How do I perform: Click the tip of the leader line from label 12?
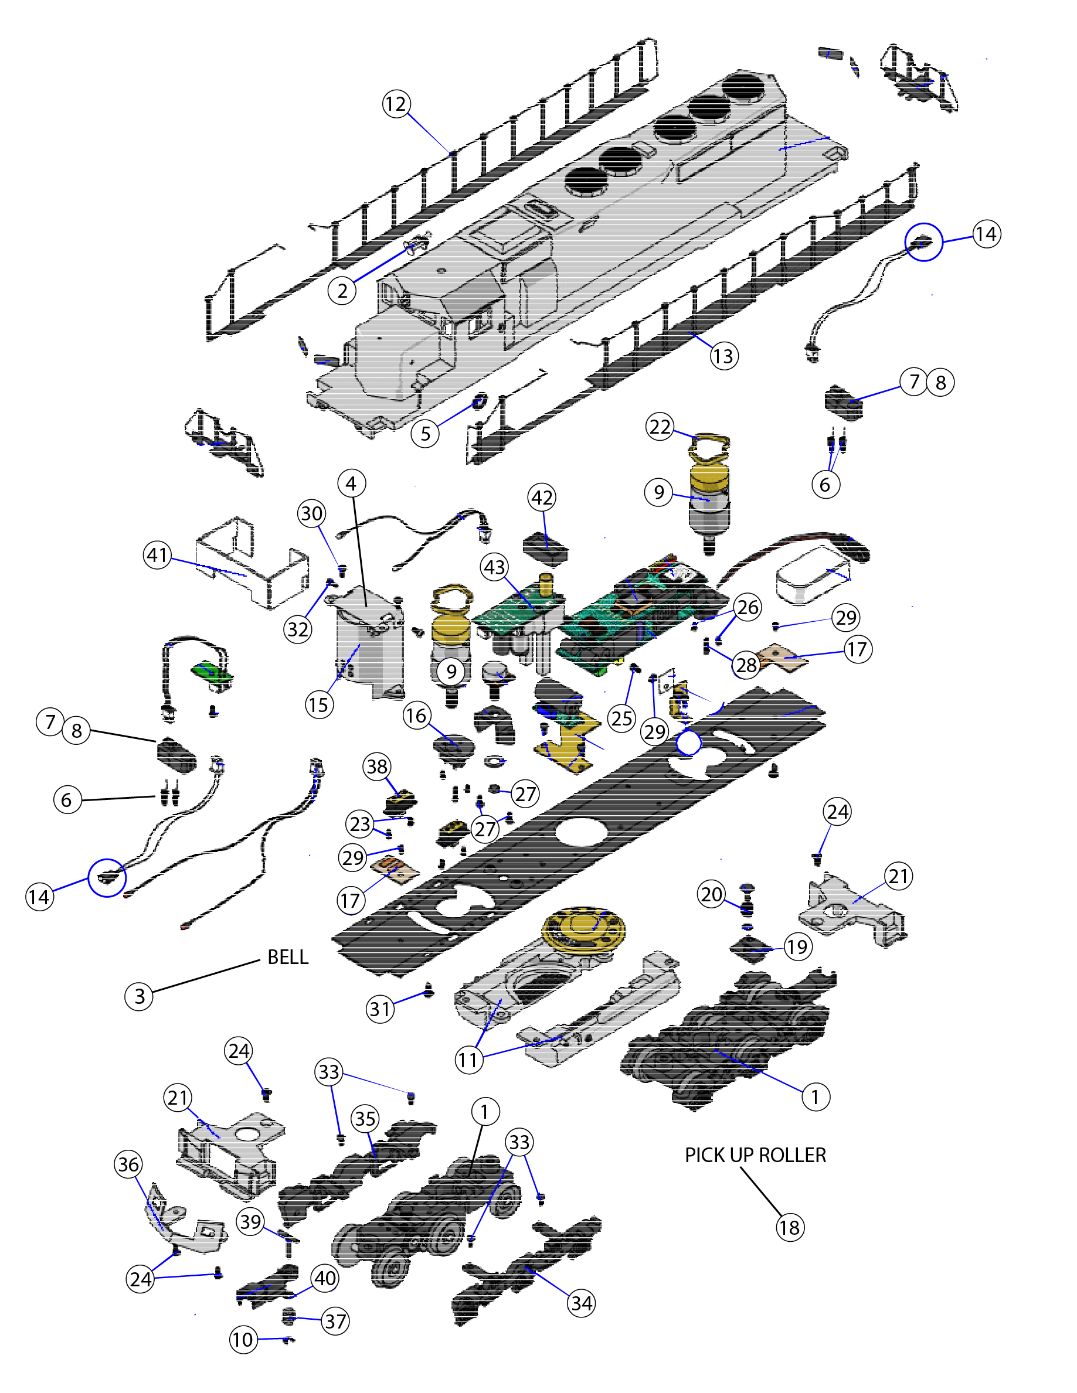[x=451, y=153]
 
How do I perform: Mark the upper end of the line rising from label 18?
[x=740, y=1168]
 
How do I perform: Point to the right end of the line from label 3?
[x=260, y=961]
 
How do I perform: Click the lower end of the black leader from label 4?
[x=366, y=605]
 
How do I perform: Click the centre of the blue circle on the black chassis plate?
[x=688, y=743]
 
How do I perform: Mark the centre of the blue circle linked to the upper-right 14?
[x=924, y=241]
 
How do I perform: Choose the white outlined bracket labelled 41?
[x=253, y=564]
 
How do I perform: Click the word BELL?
[x=288, y=958]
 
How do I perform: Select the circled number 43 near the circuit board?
[x=495, y=567]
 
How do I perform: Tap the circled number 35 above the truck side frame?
[x=366, y=1118]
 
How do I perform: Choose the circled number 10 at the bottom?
[x=243, y=1340]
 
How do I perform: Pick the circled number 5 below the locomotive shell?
[x=426, y=434]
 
